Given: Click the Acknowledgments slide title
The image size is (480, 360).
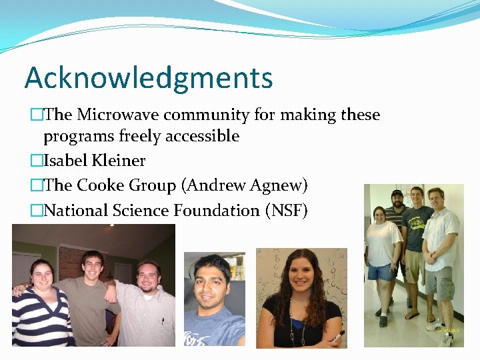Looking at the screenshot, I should pos(149,78).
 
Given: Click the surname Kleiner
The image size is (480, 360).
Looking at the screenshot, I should pos(123,161).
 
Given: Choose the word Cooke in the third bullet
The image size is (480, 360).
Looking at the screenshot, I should pos(101,185).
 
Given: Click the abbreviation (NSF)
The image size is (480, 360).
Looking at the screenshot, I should pos(287,211).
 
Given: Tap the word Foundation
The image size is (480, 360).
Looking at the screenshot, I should pos(217,211).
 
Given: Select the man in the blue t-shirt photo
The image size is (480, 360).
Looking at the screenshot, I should pos(214,300).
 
